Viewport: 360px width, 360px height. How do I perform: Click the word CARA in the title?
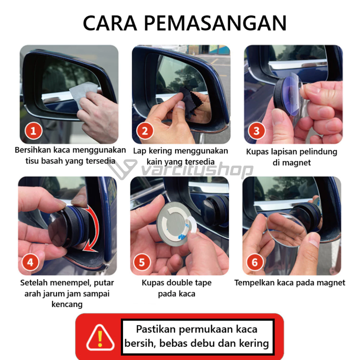(x=110, y=23)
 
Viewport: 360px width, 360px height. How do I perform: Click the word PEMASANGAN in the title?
(x=215, y=23)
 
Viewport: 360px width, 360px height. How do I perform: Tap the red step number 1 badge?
(x=33, y=131)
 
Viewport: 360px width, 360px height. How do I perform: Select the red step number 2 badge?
(x=145, y=131)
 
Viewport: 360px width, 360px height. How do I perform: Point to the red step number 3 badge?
(x=256, y=131)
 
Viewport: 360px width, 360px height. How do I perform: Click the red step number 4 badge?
(x=30, y=262)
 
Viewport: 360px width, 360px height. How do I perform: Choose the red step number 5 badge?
(x=141, y=262)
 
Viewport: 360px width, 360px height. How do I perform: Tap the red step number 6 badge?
(x=255, y=262)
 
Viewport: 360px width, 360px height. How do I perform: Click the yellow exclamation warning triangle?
(x=100, y=338)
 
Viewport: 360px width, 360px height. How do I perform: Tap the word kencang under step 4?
(x=67, y=305)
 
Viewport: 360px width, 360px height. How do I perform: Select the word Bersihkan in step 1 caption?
(x=33, y=150)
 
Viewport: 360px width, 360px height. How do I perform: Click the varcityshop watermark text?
(x=197, y=170)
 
